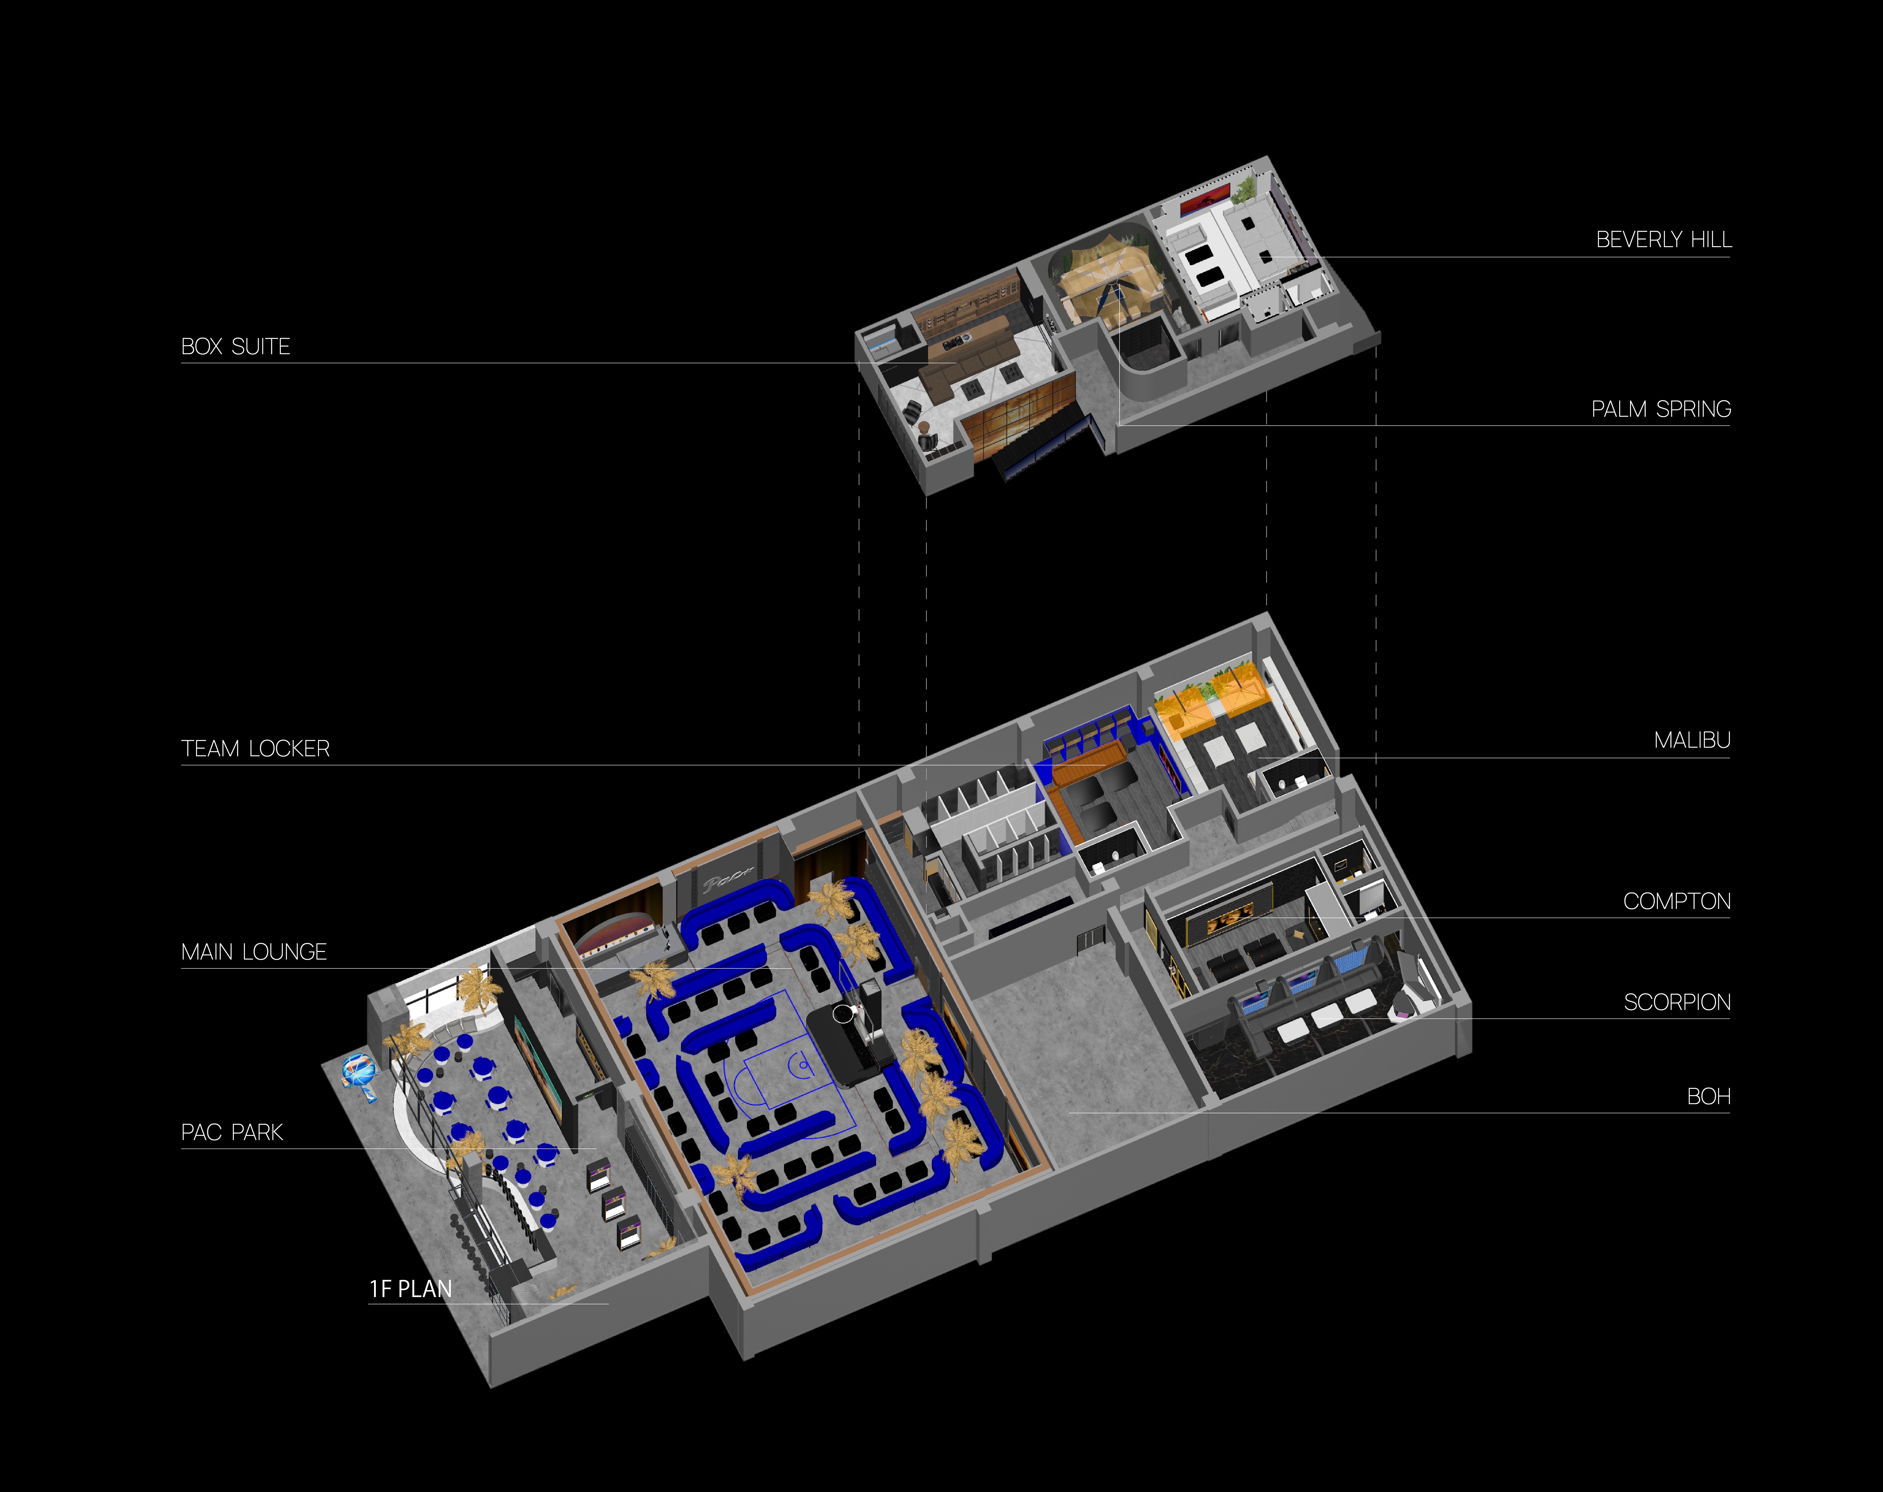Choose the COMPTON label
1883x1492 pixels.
(1676, 902)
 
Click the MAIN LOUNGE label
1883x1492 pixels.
(253, 952)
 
